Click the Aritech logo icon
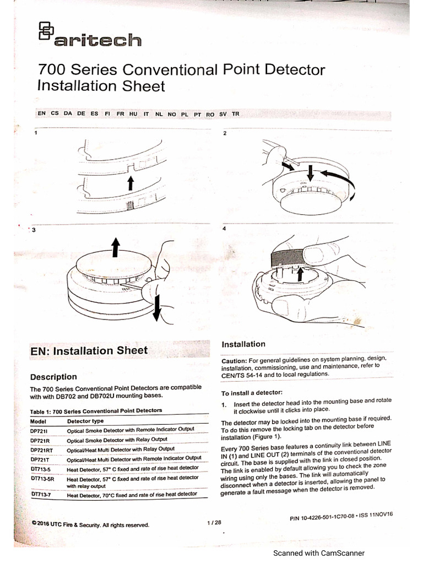pyautogui.click(x=47, y=31)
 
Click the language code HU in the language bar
pyautogui.click(x=133, y=113)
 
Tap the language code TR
pyautogui.click(x=236, y=113)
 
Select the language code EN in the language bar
pyautogui.click(x=42, y=113)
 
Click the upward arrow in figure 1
pyautogui.click(x=131, y=183)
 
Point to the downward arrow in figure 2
pyautogui.click(x=311, y=173)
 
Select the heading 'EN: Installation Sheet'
pyautogui.click(x=89, y=350)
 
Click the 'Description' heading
pyautogui.click(x=53, y=377)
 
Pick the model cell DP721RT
pyautogui.click(x=42, y=449)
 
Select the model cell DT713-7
pyautogui.click(x=42, y=495)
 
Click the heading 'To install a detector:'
pyautogui.click(x=251, y=393)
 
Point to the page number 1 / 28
pyautogui.click(x=214, y=522)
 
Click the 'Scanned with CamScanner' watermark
pyautogui.click(x=319, y=554)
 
